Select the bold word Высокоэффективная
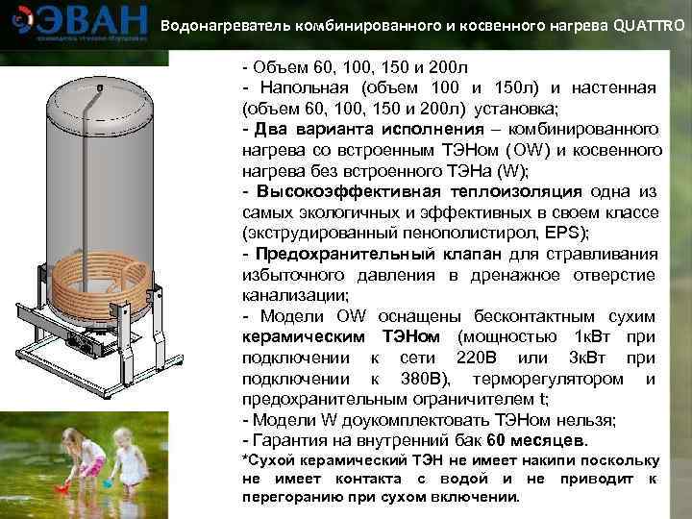pyautogui.click(x=341, y=191)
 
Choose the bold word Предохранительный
pyautogui.click(x=341, y=254)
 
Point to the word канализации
pyautogui.click(x=295, y=295)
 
